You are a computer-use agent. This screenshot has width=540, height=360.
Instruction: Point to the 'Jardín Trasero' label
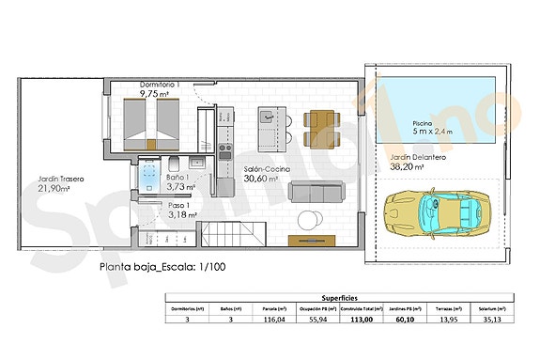(x=61, y=178)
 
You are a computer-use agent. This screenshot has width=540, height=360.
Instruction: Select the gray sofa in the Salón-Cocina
(x=314, y=192)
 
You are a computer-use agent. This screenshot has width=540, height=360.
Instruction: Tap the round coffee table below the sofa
(x=308, y=220)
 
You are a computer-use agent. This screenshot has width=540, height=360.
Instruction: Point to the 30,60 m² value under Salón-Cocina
(x=262, y=179)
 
